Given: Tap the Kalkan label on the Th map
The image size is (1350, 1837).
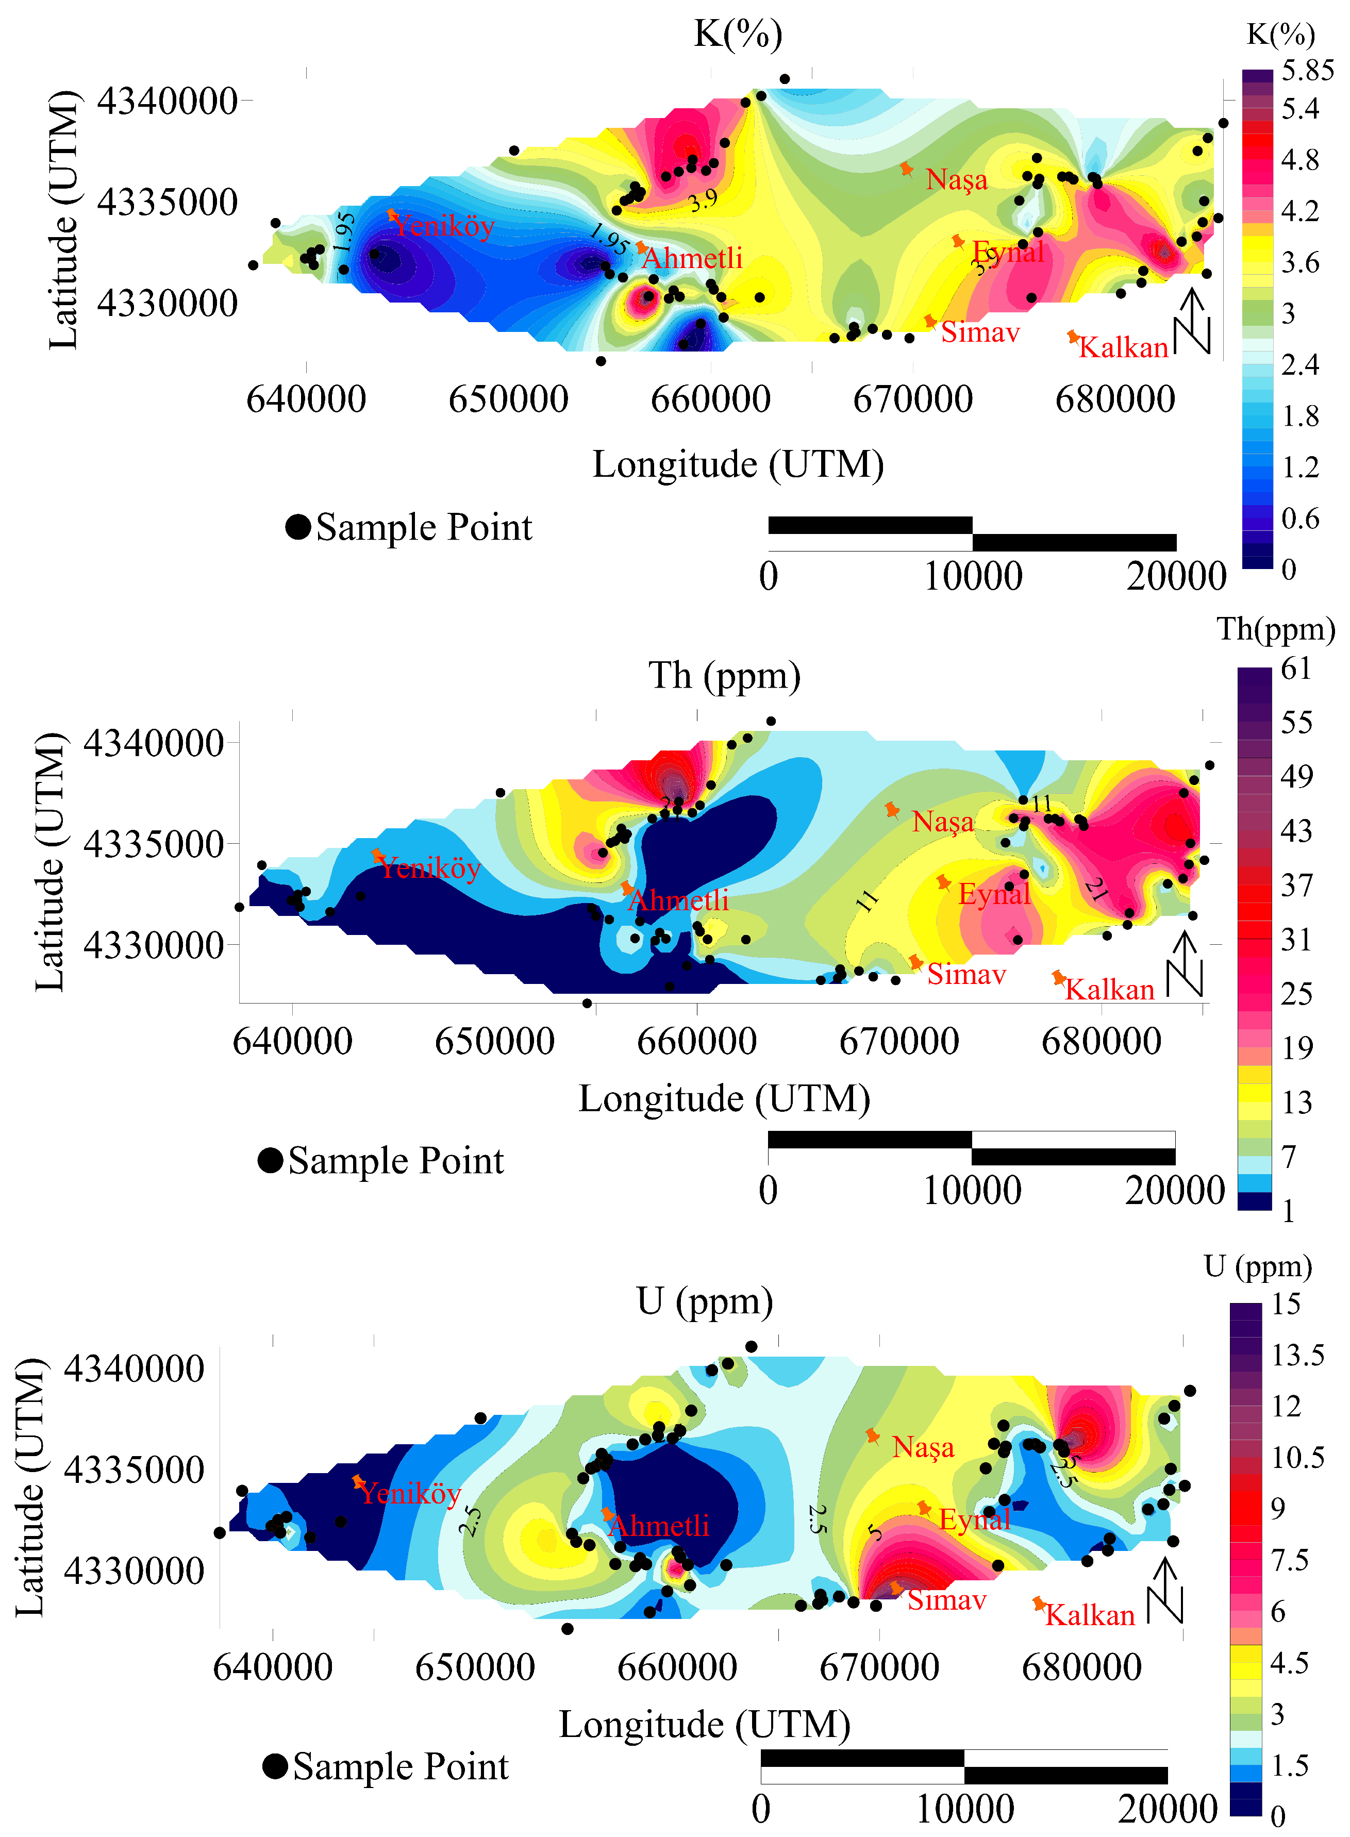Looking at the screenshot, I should pyautogui.click(x=1110, y=990).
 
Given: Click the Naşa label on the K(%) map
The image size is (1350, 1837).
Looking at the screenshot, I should pyautogui.click(x=956, y=180).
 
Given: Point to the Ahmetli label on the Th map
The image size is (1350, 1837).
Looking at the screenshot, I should pyautogui.click(x=678, y=900).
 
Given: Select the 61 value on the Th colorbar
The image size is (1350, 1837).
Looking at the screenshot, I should pyautogui.click(x=1296, y=669).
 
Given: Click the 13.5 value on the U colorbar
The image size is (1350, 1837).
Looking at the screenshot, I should pyautogui.click(x=1297, y=1356).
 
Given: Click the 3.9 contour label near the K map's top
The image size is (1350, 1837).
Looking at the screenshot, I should pyautogui.click(x=703, y=199).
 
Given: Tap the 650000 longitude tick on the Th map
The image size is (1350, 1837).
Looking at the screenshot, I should pyautogui.click(x=494, y=1042).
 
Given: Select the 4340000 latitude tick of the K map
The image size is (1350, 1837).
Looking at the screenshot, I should pyautogui.click(x=168, y=102).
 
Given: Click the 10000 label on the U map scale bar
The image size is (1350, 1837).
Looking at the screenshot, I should pyautogui.click(x=964, y=1809).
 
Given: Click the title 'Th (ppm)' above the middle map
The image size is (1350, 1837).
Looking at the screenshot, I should pyautogui.click(x=724, y=676).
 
